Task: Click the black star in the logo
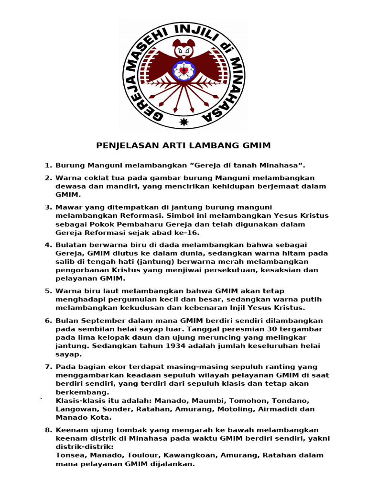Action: tap(183, 122)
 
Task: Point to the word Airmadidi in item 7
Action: tap(281, 409)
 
